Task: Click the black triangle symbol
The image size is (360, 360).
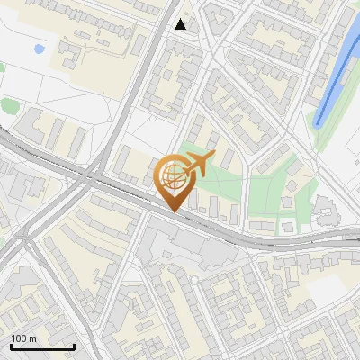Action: [x=182, y=24]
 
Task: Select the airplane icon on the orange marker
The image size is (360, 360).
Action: [x=197, y=164]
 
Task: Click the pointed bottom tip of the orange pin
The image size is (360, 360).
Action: [x=172, y=211]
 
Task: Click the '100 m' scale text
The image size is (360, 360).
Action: [x=24, y=338]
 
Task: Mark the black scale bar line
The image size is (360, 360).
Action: [x=42, y=346]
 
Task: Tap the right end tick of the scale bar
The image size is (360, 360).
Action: [x=74, y=345]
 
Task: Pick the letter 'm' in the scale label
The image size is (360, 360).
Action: [x=32, y=338]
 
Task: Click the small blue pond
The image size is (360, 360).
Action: [x=38, y=49]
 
